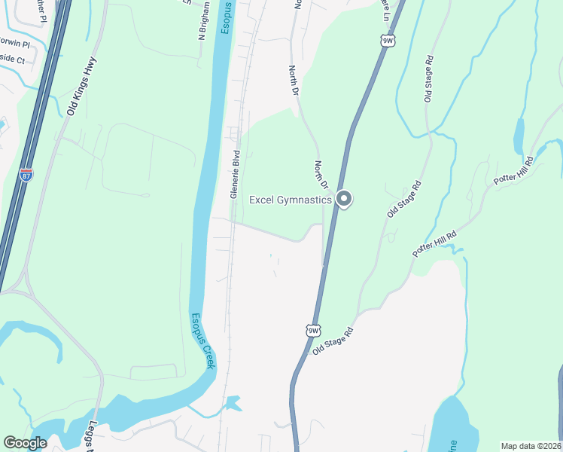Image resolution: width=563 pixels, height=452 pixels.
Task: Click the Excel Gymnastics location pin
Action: tap(344, 199)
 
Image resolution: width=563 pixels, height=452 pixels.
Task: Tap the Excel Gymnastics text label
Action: tap(291, 200)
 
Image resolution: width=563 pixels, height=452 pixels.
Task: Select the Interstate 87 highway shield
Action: tap(26, 174)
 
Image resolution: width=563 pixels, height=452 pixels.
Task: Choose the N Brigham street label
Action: tap(203, 26)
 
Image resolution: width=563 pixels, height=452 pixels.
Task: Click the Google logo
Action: tap(25, 443)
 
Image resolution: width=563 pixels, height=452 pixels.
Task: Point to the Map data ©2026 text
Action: tap(531, 446)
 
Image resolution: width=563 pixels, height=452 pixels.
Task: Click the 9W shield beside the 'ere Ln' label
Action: tap(388, 41)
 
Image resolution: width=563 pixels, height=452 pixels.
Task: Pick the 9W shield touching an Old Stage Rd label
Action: tap(313, 330)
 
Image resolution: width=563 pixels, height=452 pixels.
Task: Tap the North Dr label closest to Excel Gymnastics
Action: tap(321, 174)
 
